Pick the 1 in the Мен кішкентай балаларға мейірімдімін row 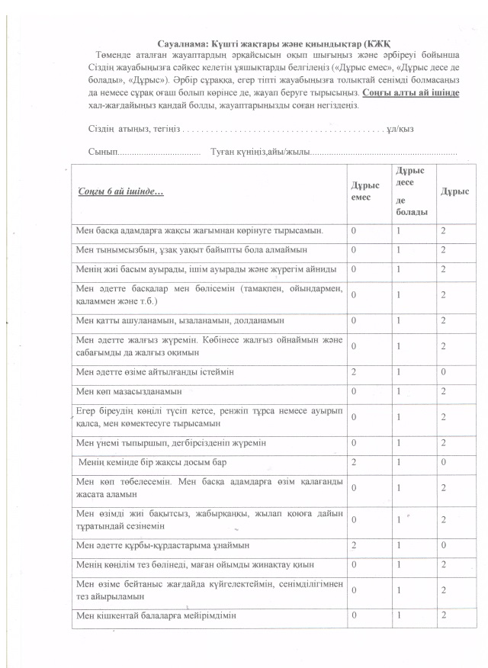398,615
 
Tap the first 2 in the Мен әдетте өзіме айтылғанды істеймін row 353,371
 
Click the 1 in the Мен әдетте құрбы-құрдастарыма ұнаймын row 398,546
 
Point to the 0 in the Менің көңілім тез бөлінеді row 353,565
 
